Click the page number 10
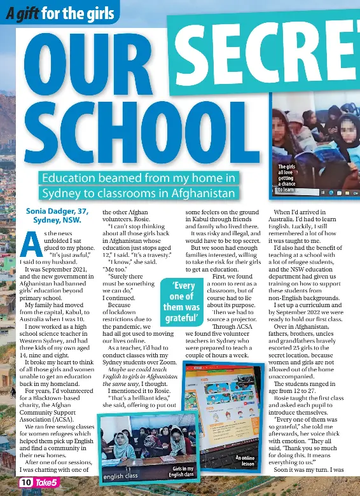[x=26, y=483]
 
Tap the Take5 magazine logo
[x=46, y=483]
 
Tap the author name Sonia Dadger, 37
[x=57, y=211]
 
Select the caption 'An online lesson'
[x=246, y=460]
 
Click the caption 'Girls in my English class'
[x=181, y=471]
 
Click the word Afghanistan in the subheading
[x=204, y=193]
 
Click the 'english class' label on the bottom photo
[x=121, y=476]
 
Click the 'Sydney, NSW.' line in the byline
[x=57, y=221]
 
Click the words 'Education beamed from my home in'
[x=138, y=178]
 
